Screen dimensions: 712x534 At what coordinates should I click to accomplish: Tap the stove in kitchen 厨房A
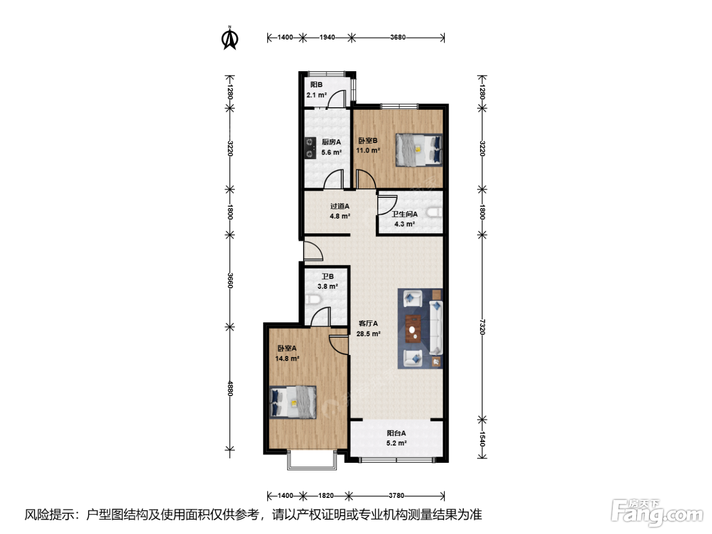pyautogui.click(x=310, y=148)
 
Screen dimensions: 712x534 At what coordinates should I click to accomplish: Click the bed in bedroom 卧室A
pyautogui.click(x=293, y=402)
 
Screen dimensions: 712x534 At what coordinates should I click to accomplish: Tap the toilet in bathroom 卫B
pyautogui.click(x=313, y=299)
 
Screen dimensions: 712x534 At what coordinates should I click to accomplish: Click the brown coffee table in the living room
pyautogui.click(x=413, y=329)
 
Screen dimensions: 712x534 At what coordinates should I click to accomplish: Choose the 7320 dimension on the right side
pyautogui.click(x=482, y=327)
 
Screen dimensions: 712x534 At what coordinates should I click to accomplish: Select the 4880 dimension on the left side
pyautogui.click(x=230, y=389)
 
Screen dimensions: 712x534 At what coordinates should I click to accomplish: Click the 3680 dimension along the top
pyautogui.click(x=398, y=37)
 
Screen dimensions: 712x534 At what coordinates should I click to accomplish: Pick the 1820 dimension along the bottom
pyautogui.click(x=325, y=496)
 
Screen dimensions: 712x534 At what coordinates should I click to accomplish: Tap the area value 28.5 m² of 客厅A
pyautogui.click(x=368, y=334)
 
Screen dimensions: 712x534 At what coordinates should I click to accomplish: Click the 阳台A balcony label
pyautogui.click(x=396, y=433)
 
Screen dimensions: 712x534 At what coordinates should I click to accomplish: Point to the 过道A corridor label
pyautogui.click(x=340, y=206)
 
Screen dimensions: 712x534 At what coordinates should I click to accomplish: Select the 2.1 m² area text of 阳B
pyautogui.click(x=317, y=95)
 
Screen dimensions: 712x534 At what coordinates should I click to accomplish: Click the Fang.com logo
pyautogui.click(x=657, y=513)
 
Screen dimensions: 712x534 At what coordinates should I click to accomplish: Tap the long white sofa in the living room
pyautogui.click(x=436, y=328)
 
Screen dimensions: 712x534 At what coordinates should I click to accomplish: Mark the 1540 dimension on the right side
pyautogui.click(x=482, y=439)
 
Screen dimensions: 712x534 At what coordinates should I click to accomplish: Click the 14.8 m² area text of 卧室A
pyautogui.click(x=287, y=359)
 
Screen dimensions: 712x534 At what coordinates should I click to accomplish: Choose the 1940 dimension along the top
pyautogui.click(x=327, y=37)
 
